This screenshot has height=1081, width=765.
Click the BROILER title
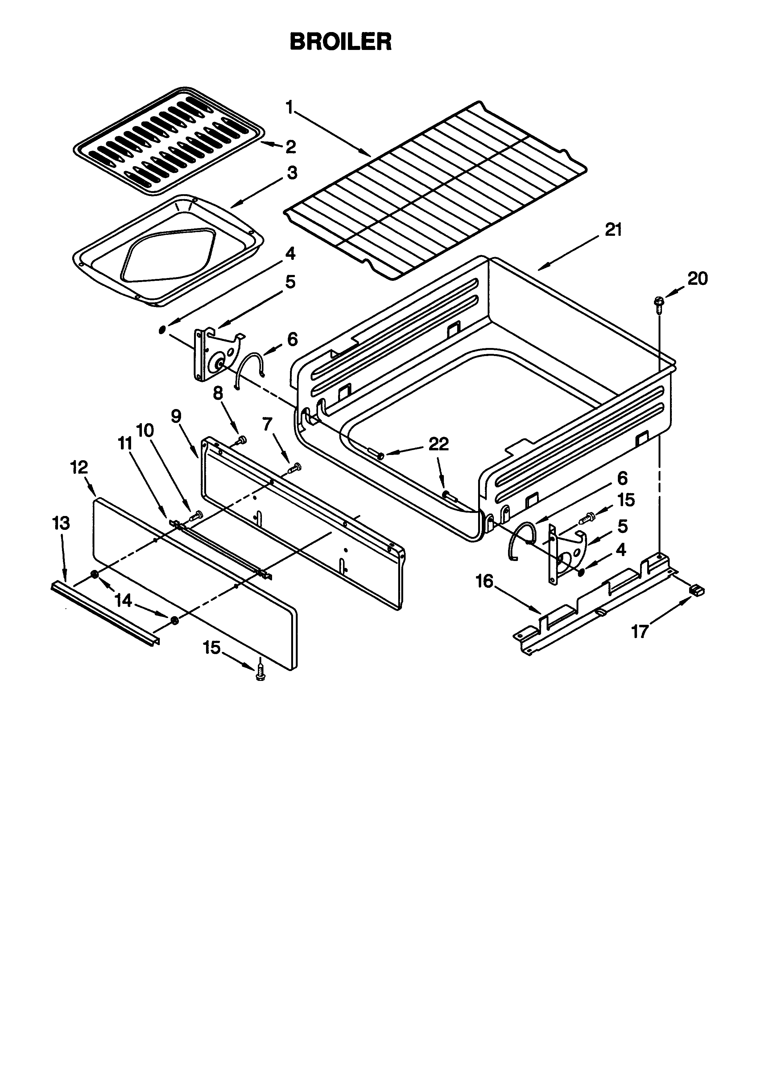(340, 42)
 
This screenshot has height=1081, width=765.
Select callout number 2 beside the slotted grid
(291, 147)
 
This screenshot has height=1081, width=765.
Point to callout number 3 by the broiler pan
(292, 173)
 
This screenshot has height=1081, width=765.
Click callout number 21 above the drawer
(613, 230)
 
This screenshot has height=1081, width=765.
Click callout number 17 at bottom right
(640, 631)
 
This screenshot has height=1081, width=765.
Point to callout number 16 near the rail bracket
(484, 581)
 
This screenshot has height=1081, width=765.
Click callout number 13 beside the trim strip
(61, 523)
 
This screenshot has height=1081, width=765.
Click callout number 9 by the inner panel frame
(176, 416)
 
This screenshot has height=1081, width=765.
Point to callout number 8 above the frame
(218, 393)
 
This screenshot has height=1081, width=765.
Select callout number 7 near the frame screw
(267, 424)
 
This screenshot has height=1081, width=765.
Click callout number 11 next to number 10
(125, 443)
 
